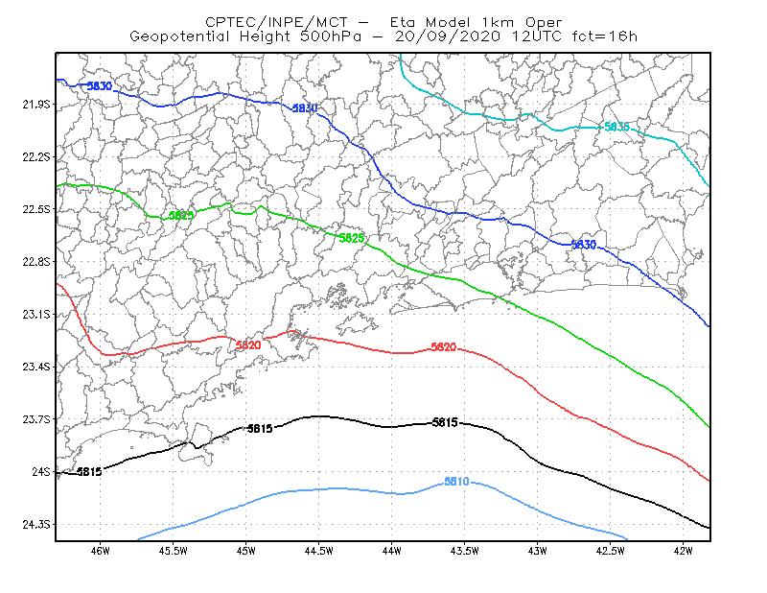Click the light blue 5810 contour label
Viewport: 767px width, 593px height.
[456, 482]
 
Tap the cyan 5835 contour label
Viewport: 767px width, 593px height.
[616, 127]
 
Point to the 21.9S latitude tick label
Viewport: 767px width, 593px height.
[36, 105]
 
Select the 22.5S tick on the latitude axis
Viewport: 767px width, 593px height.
[36, 209]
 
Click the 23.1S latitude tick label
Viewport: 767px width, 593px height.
[36, 315]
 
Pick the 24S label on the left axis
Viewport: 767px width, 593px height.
[41, 472]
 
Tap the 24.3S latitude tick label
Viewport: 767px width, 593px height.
[36, 525]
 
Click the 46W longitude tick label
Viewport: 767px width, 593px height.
[101, 551]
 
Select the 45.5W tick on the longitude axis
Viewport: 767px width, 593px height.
[174, 551]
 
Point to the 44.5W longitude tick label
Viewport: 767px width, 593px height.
[318, 551]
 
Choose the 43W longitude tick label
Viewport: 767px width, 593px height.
[537, 551]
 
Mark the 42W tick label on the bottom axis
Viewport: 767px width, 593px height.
[683, 551]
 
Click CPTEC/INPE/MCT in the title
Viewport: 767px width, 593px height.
[276, 22]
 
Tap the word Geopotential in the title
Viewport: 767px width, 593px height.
[179, 36]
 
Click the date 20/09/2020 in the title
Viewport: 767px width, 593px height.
[448, 36]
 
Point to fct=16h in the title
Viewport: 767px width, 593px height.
[605, 36]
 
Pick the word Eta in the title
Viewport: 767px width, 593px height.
[402, 22]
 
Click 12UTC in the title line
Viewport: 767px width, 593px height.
[537, 36]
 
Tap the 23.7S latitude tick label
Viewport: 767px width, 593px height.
[36, 419]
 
